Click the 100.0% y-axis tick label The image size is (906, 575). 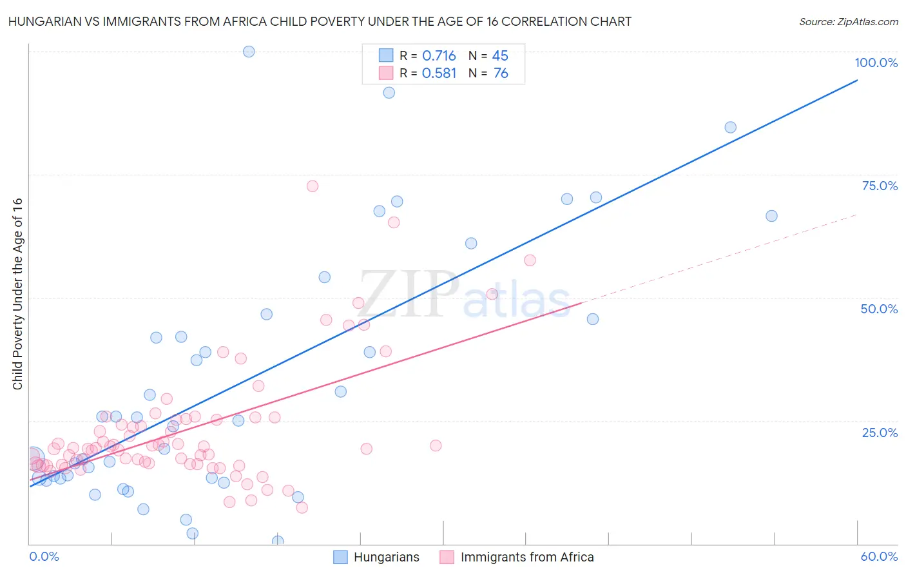pyautogui.click(x=876, y=63)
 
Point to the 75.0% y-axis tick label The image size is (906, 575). pyautogui.click(x=879, y=186)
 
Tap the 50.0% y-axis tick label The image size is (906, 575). pyautogui.click(x=879, y=309)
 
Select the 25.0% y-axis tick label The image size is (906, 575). pyautogui.click(x=879, y=432)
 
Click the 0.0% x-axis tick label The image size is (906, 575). pyautogui.click(x=44, y=556)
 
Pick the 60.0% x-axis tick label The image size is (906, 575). pyautogui.click(x=879, y=556)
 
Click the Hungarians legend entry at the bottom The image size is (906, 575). pyautogui.click(x=386, y=557)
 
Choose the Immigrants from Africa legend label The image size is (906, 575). pyautogui.click(x=526, y=557)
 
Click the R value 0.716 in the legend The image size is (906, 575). pyautogui.click(x=439, y=56)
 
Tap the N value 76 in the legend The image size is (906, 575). pyautogui.click(x=501, y=73)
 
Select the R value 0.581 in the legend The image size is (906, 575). pyautogui.click(x=439, y=73)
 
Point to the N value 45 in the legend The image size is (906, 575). pyautogui.click(x=500, y=56)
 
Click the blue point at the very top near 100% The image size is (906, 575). pyautogui.click(x=249, y=52)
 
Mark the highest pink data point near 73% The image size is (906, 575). pyautogui.click(x=313, y=186)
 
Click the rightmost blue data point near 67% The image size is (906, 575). pyautogui.click(x=771, y=216)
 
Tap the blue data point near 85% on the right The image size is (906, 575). pyautogui.click(x=730, y=128)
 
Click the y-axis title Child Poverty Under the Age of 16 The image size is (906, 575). pyautogui.click(x=17, y=293)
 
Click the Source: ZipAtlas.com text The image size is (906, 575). pyautogui.click(x=848, y=22)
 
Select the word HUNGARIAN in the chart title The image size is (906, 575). pyautogui.click(x=42, y=21)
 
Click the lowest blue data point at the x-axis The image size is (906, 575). pyautogui.click(x=278, y=541)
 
